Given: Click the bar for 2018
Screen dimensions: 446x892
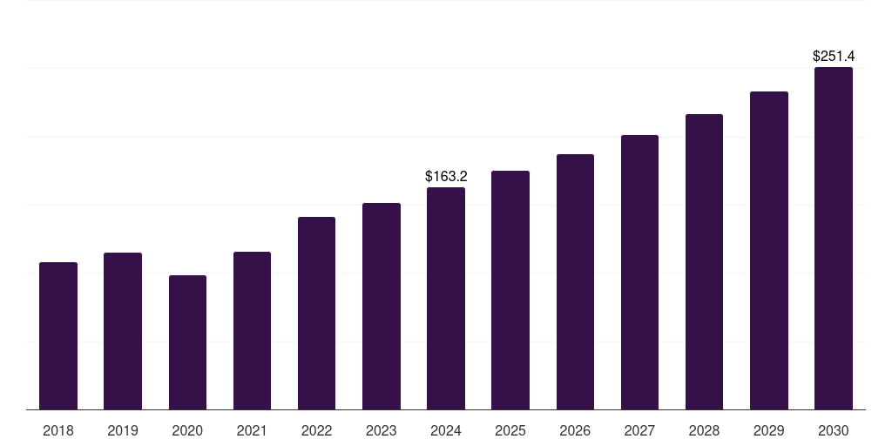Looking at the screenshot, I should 58,335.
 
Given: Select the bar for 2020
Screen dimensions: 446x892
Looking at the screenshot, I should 187,342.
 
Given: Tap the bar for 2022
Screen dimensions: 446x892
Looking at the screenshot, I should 316,313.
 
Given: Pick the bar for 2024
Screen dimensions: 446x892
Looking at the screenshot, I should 446,298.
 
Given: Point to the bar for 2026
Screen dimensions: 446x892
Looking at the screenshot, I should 575,281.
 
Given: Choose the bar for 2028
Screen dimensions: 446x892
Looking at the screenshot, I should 704,261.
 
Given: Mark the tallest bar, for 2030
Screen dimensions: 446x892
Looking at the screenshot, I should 834,238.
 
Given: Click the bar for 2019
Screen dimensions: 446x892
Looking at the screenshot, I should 123,331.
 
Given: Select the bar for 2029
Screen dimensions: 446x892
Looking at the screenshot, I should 769,250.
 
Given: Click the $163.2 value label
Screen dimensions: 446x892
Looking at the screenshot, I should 446,177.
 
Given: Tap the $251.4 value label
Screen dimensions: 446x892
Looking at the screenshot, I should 834,57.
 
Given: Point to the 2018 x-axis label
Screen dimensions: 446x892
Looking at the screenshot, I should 58,430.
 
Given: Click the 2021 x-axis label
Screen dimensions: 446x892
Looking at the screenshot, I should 252,430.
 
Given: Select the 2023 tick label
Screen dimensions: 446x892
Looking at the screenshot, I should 382,430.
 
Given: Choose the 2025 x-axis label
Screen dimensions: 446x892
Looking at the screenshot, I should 510,430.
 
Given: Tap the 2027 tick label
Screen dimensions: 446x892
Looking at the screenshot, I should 639,430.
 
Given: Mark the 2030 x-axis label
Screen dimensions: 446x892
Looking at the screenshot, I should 834,430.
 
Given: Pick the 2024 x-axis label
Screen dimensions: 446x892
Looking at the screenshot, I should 446,430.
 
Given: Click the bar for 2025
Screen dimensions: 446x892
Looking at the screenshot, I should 510,290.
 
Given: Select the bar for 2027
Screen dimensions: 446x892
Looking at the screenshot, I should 639,272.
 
